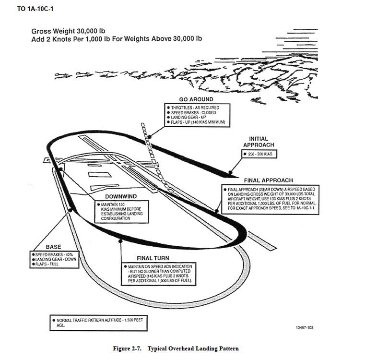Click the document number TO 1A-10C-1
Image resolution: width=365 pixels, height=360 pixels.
[x=35, y=9]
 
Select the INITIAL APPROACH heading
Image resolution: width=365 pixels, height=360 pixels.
[x=258, y=142]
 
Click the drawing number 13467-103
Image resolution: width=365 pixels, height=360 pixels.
[x=306, y=327]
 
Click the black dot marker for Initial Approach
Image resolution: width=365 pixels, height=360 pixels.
[x=231, y=172]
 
